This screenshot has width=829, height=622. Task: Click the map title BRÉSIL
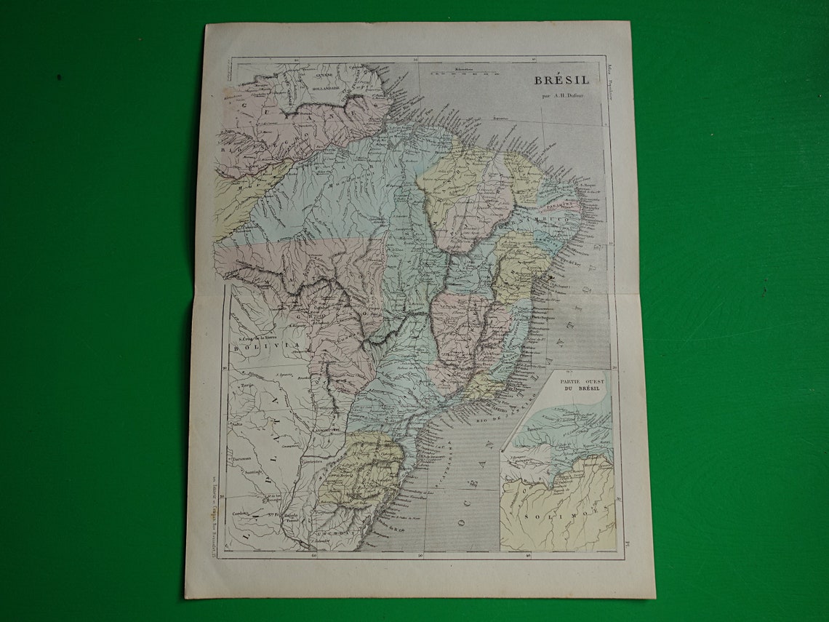tap(562, 80)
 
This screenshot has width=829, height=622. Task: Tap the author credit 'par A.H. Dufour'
tap(563, 95)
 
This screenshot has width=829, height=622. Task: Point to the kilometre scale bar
tap(462, 73)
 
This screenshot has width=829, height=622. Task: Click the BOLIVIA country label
tap(249, 348)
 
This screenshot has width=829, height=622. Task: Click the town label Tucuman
tap(242, 459)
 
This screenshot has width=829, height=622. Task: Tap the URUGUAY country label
tap(336, 533)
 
